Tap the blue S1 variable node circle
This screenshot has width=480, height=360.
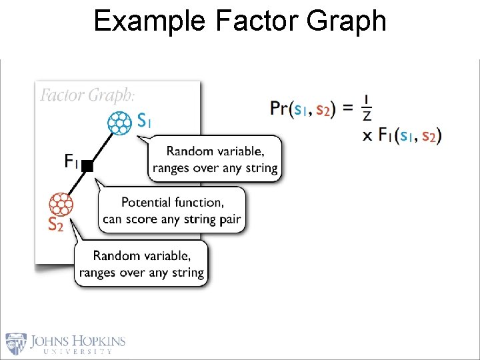[x=120, y=123]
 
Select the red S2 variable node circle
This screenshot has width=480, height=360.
[x=61, y=203]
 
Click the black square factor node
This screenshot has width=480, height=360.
[x=88, y=166]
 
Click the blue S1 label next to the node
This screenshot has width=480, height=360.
[x=144, y=121]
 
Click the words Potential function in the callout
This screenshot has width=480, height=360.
[x=172, y=202]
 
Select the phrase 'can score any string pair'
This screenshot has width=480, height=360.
[x=171, y=219]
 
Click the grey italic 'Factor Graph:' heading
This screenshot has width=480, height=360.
[x=87, y=95]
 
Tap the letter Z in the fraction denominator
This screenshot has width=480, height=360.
[x=367, y=117]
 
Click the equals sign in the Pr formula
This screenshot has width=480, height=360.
[x=347, y=108]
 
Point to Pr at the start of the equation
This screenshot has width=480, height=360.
[x=280, y=108]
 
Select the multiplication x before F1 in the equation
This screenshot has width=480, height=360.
[x=367, y=136]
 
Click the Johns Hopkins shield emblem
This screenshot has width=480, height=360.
[x=16, y=343]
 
